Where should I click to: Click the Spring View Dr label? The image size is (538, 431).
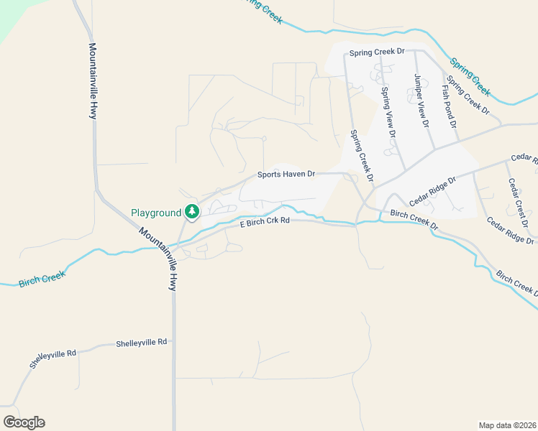(x=388, y=112)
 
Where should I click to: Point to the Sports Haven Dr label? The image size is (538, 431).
(x=287, y=175)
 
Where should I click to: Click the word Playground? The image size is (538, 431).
(x=155, y=213)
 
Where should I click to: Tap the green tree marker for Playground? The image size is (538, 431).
(x=192, y=211)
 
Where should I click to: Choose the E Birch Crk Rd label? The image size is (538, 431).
(x=264, y=223)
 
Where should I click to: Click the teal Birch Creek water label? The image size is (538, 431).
(x=42, y=277)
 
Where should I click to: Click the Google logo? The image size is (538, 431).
(x=24, y=422)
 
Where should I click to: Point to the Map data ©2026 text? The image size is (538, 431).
(x=506, y=425)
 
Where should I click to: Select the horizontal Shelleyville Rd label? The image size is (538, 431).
(x=142, y=343)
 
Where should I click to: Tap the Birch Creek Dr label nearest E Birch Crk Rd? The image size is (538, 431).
(x=414, y=219)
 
